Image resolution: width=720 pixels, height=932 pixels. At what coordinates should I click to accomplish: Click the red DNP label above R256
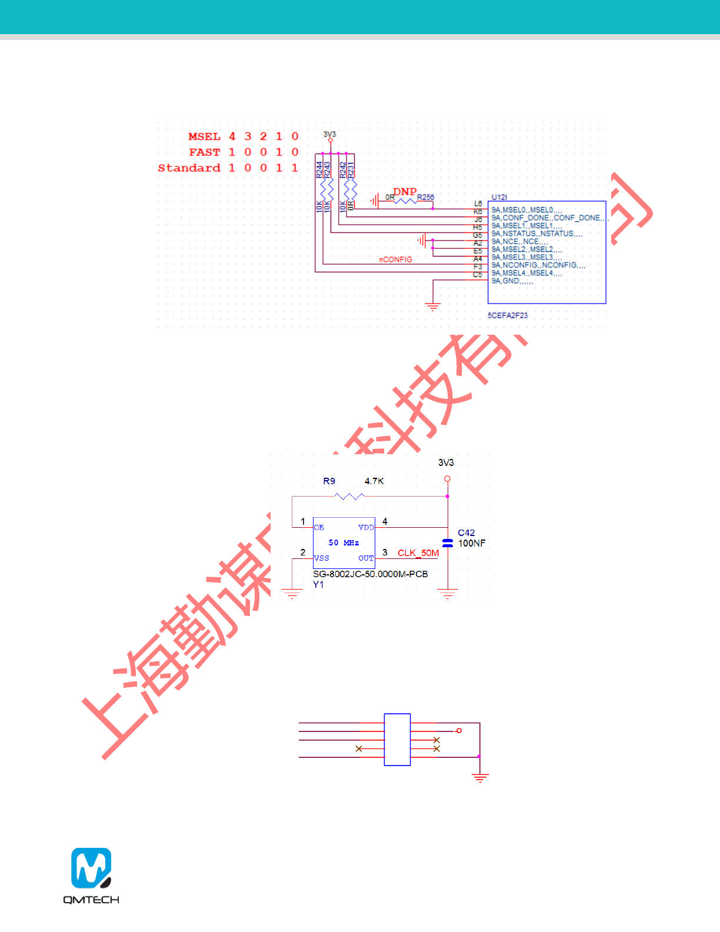405,191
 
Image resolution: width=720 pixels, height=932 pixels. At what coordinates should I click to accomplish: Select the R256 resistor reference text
425,197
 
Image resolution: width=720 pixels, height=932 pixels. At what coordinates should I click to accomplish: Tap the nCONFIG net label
395,259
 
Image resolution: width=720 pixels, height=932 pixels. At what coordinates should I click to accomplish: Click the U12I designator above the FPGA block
499,197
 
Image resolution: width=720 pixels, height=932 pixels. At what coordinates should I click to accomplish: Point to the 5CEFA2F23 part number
507,315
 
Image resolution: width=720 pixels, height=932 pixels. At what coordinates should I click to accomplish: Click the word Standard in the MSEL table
189,168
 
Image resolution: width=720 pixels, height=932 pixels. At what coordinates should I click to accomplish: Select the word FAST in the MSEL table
204,152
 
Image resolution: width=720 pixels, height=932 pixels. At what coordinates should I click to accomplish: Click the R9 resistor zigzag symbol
349,496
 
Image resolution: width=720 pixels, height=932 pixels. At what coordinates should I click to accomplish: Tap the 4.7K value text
374,481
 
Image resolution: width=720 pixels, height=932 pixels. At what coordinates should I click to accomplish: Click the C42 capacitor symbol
448,543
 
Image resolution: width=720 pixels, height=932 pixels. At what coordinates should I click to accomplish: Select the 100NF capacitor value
472,543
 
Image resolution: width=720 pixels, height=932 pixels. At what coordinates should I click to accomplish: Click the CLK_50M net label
418,553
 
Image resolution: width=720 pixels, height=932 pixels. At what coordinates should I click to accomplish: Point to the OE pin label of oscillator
319,528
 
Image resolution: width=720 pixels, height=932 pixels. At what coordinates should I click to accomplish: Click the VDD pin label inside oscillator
366,528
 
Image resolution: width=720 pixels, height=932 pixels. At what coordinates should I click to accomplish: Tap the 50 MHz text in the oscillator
344,542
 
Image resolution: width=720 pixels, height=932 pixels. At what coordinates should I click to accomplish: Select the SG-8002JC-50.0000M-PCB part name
370,574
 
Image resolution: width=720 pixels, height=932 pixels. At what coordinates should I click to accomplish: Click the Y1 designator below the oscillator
318,584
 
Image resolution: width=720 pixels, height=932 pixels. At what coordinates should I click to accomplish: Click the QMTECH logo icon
91,868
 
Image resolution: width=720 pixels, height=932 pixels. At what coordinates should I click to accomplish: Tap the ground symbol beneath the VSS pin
292,593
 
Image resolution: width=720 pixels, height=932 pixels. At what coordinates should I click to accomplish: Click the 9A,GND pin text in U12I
512,281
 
